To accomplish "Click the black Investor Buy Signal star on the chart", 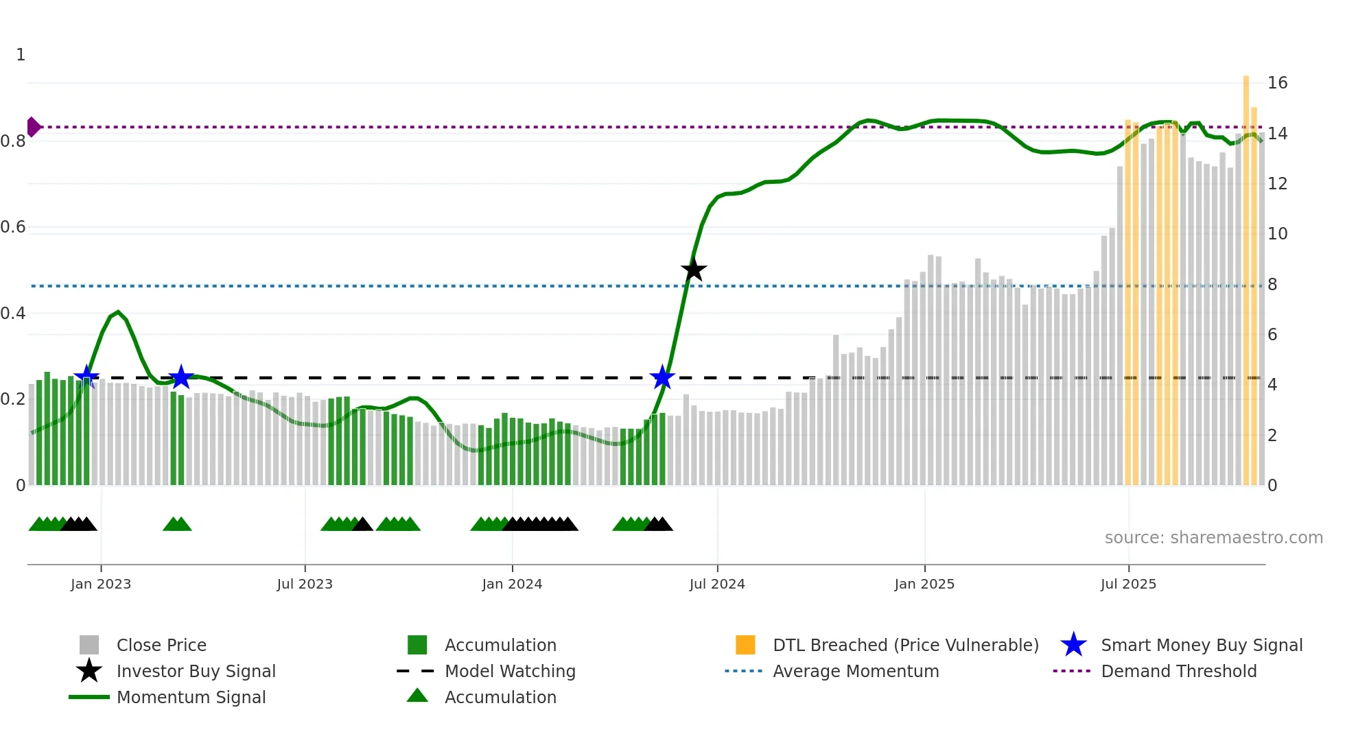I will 694,270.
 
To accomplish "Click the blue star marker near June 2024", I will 662,377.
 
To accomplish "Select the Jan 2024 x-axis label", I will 512,584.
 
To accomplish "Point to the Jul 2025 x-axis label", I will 1128,584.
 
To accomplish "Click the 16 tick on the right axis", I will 1277,83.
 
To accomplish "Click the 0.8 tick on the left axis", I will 13,141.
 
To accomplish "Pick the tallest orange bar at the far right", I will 1246,274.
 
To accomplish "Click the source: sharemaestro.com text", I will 1213,537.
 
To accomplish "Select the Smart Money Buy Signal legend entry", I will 1201,645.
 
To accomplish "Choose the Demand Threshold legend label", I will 1178,671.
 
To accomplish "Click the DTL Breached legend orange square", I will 745,645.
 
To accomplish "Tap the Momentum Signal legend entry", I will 191,697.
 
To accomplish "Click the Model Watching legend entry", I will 510,671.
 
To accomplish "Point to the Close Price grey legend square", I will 89,645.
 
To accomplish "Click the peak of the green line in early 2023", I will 118,312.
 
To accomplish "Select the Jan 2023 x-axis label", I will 101,584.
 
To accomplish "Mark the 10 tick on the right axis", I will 1277,234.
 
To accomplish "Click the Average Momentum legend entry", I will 855,671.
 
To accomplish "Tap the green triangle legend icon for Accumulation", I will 417,696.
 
